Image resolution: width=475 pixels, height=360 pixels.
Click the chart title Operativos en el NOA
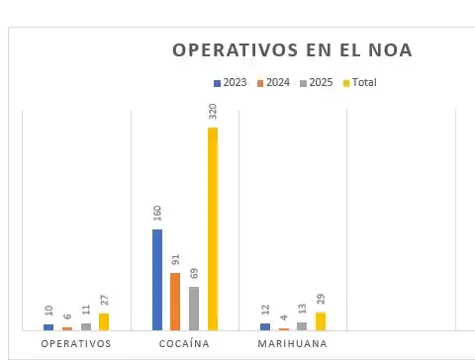pos(292,49)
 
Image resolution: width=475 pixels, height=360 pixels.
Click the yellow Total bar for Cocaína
pos(212,228)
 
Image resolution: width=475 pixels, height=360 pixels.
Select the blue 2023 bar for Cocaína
pos(157,280)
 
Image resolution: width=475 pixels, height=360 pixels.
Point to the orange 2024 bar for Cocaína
pos(175,302)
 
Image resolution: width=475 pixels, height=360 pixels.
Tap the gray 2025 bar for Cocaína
pos(194,309)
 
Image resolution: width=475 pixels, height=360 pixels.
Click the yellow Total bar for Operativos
pos(104,321)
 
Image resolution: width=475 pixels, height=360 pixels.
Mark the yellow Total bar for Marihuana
pos(320,320)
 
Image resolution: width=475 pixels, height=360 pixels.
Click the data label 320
pos(212,111)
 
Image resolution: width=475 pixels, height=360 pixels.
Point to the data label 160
pos(157,215)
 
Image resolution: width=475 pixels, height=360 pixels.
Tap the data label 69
pos(194,274)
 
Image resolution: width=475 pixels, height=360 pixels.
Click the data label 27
pos(104,301)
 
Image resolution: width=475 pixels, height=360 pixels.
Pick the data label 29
pos(320,300)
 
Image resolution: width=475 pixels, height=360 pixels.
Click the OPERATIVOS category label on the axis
pos(76,344)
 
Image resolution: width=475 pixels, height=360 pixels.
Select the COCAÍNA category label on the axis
pos(184,344)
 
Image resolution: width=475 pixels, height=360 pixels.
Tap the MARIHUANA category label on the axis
pos(293,344)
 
